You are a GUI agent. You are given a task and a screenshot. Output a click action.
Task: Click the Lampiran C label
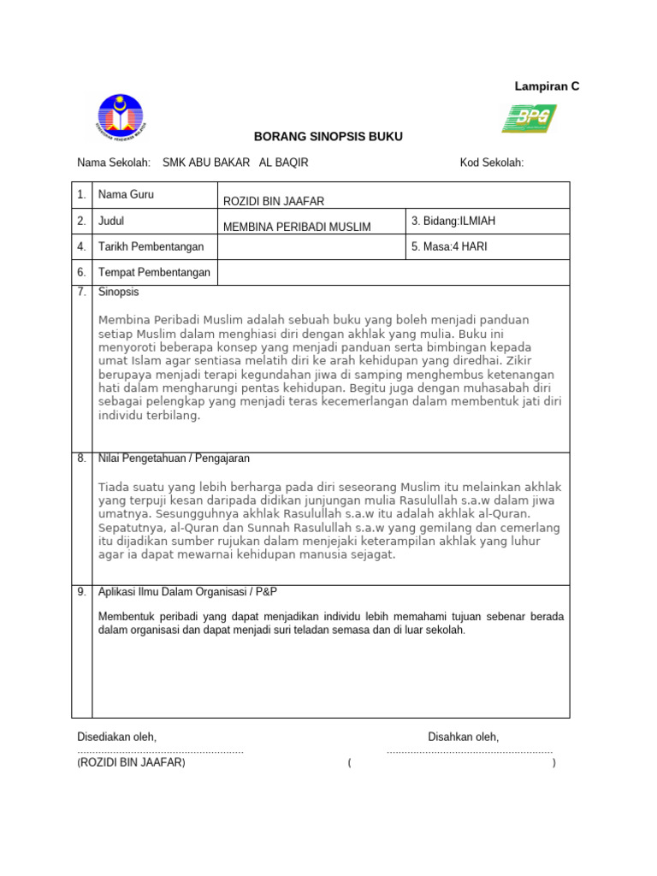[547, 86]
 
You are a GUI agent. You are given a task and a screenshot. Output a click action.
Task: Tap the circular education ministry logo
[121, 118]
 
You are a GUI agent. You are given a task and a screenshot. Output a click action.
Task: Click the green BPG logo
[529, 118]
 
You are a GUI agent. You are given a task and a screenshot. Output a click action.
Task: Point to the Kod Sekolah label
[492, 163]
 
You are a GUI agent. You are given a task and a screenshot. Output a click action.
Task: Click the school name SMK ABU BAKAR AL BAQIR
[235, 163]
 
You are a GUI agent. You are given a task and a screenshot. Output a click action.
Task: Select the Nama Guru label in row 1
[126, 195]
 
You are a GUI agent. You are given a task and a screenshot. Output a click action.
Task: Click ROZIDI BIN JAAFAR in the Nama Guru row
[274, 201]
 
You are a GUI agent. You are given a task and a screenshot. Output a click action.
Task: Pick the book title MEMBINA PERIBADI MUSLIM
[297, 227]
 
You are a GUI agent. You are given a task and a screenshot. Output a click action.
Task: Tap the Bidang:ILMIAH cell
[453, 221]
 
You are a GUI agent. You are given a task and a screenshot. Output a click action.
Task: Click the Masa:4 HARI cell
[450, 247]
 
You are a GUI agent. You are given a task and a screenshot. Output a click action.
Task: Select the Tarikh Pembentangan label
[151, 247]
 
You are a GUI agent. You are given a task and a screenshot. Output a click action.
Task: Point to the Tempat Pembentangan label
[155, 273]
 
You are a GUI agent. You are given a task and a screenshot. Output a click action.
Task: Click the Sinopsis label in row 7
[119, 293]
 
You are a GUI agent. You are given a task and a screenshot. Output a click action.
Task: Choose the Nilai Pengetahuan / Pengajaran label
[175, 459]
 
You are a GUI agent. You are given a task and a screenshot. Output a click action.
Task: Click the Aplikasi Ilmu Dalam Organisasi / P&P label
[188, 592]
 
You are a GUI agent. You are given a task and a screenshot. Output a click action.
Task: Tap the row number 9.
[81, 592]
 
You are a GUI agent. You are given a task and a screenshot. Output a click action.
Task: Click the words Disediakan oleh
[117, 737]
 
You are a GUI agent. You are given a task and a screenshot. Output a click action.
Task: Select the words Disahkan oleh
[464, 737]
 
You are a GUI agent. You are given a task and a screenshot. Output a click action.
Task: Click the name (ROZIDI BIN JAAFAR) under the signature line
[131, 762]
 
